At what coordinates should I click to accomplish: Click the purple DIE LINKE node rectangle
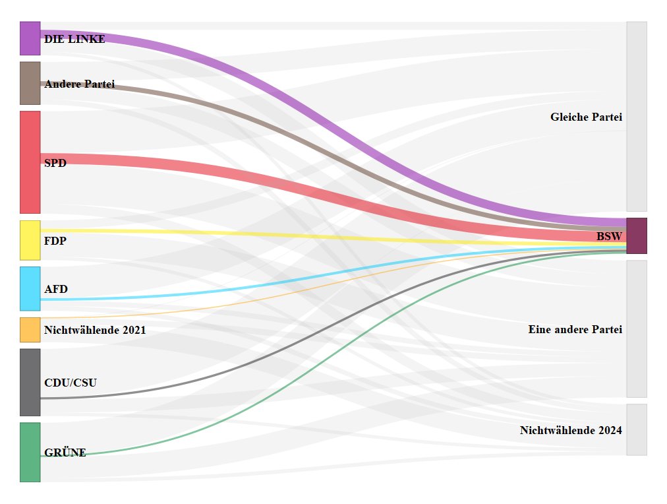point(30,38)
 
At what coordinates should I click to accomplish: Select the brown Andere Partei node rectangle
point(30,83)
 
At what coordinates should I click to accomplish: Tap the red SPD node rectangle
point(30,162)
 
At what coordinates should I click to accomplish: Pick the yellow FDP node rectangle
point(30,240)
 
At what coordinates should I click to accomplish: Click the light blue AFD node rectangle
point(30,288)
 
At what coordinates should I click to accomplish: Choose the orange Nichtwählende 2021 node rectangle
point(30,330)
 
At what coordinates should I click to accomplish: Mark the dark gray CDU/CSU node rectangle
point(30,382)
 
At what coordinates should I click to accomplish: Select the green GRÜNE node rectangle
point(30,452)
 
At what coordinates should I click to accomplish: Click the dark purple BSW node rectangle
point(636,236)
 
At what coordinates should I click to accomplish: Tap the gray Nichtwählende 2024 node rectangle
point(636,429)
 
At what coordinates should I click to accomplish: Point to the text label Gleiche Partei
point(586,117)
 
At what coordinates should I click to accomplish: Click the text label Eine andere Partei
point(575,329)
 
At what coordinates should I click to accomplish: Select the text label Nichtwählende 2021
point(95,330)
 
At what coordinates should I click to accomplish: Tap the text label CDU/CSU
point(71,383)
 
